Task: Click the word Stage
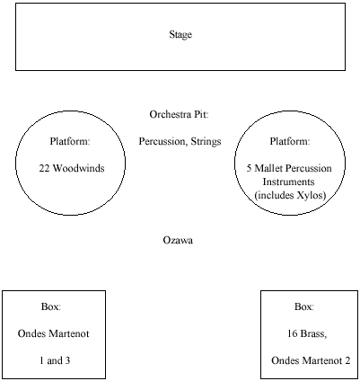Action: point(180,35)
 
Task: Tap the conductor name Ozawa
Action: point(178,240)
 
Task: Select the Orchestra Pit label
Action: point(179,114)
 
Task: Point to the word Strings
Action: point(206,142)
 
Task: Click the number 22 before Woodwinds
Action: point(44,168)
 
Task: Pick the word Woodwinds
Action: point(79,168)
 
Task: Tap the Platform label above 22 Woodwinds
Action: point(70,141)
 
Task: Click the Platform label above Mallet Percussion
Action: point(290,141)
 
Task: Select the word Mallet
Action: point(268,168)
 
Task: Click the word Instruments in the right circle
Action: point(288,182)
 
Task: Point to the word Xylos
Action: point(312,196)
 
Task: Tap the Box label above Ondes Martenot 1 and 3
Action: point(51,307)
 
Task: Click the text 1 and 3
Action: point(55,360)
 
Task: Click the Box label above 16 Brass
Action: point(304,307)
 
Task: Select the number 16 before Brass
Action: point(293,333)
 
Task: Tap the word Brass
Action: point(313,334)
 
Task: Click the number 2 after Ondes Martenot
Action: point(347,360)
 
